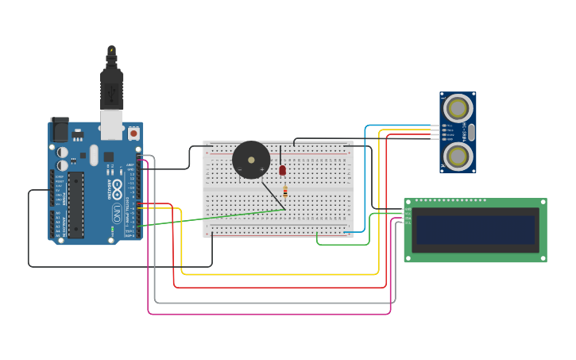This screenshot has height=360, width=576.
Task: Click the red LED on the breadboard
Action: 282,170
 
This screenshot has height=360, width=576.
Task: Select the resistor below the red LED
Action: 285,191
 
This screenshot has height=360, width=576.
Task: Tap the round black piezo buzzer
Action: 251,160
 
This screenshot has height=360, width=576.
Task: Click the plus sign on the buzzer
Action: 262,169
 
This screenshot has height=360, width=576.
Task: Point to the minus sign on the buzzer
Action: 240,169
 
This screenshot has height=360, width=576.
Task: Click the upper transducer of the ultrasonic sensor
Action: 458,107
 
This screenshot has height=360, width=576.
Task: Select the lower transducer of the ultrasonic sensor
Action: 458,155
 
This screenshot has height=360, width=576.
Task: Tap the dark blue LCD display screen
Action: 475,230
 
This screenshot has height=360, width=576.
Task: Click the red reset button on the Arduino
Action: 133,134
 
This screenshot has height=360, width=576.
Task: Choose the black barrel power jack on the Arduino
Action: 60,129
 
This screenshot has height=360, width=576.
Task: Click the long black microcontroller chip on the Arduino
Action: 75,205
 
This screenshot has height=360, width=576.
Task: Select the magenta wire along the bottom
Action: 270,314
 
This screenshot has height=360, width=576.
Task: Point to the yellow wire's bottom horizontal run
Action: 278,274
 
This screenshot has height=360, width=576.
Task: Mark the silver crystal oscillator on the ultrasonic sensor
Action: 471,131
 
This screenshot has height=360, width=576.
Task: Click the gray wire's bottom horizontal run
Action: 270,303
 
